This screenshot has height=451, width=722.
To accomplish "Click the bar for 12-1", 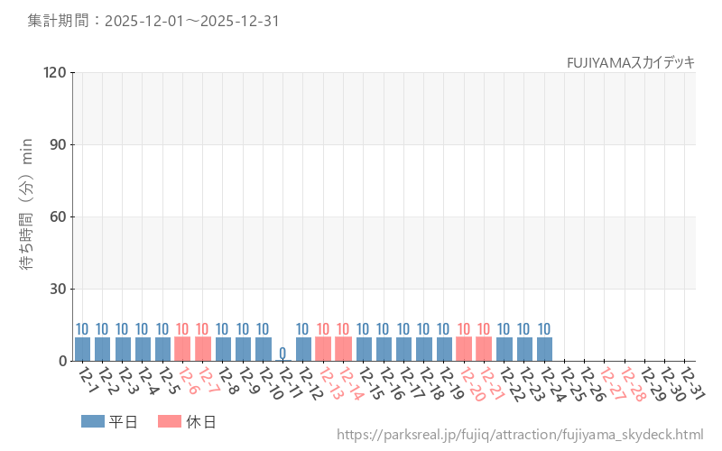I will [82, 349].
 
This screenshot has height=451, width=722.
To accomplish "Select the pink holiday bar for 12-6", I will [182, 349].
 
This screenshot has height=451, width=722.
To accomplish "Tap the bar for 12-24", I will [544, 349].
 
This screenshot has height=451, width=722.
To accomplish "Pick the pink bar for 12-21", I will [484, 349].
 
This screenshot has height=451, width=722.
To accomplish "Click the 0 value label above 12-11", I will [282, 353].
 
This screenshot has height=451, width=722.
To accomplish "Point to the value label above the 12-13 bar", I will [323, 329].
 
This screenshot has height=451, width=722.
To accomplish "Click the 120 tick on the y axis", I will [56, 72].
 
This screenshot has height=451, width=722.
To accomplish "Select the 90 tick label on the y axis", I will [59, 144].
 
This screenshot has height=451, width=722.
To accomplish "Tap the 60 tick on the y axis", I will [59, 216].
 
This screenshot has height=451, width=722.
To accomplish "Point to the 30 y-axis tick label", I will [59, 289].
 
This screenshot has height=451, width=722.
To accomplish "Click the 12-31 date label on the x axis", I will [690, 382].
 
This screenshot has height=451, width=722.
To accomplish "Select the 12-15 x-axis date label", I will [369, 382].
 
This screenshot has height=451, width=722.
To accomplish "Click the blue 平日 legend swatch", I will [93, 421].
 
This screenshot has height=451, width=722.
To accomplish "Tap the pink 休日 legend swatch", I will [170, 421].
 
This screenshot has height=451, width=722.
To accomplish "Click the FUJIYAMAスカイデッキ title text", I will [630, 62].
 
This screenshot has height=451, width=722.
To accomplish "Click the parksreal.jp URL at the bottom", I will [520, 435].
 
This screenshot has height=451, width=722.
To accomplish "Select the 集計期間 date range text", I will [153, 21].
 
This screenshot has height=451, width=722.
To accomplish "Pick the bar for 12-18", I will [423, 349].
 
